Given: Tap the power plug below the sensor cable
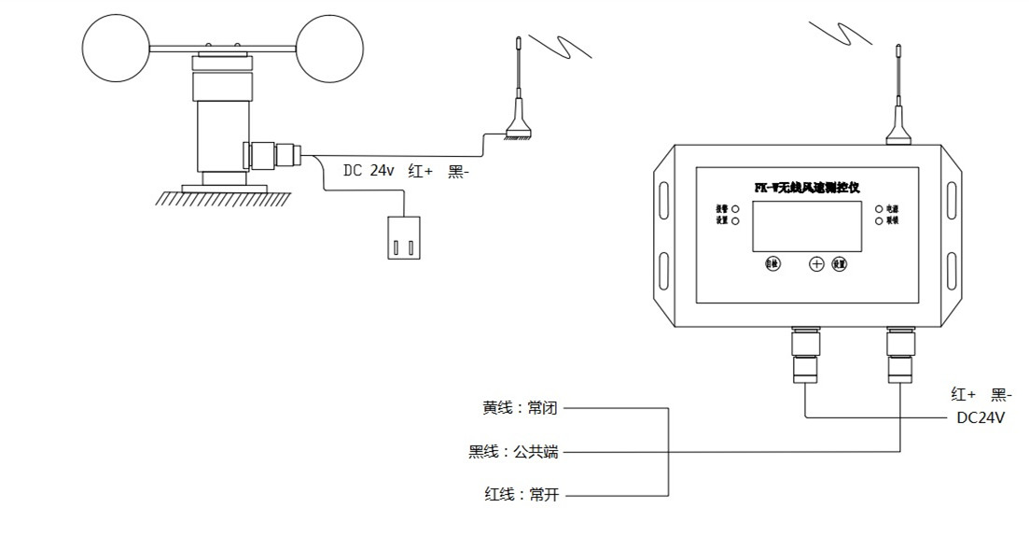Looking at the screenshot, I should [402, 237].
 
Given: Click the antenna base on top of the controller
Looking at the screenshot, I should [897, 132].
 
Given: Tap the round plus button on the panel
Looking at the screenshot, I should [816, 264].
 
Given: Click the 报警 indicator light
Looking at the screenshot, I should [736, 208].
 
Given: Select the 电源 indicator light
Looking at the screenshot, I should [878, 208].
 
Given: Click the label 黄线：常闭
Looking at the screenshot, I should [520, 408].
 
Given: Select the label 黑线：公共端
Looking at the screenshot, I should [513, 453].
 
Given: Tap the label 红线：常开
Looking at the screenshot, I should [520, 495].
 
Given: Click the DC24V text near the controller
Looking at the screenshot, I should [981, 418].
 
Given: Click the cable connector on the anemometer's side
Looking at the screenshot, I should [275, 154].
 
